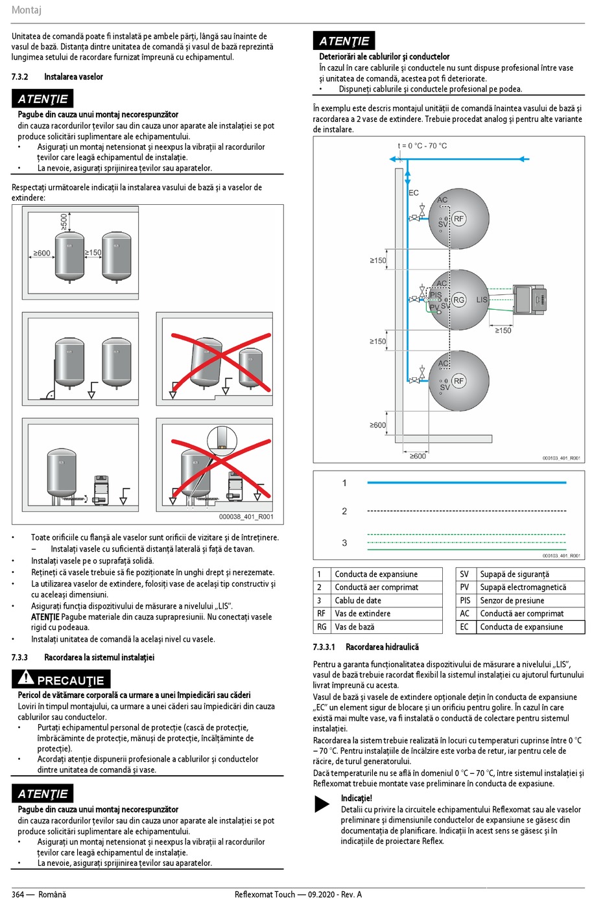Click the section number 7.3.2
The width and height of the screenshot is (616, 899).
pyautogui.click(x=19, y=76)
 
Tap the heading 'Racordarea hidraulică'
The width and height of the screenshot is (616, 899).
pyautogui.click(x=382, y=647)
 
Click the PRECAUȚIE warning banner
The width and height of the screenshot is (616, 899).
pyautogui.click(x=61, y=679)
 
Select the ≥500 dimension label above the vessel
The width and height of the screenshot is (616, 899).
pyautogui.click(x=64, y=222)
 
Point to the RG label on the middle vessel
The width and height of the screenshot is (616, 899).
pyautogui.click(x=459, y=299)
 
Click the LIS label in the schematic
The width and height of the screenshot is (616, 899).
pyautogui.click(x=482, y=299)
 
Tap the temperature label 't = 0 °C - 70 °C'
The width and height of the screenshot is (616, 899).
pyautogui.click(x=422, y=146)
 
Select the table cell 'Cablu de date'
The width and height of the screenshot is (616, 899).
pyautogui.click(x=358, y=600)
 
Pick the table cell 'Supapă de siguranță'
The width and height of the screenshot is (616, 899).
pyautogui.click(x=514, y=574)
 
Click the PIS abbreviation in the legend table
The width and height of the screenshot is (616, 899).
pyautogui.click(x=464, y=600)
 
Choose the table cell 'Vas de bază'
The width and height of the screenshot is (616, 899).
pyautogui.click(x=354, y=627)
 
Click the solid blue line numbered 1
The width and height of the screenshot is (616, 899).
pyautogui.click(x=466, y=483)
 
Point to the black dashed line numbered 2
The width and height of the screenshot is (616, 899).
pyautogui.click(x=466, y=511)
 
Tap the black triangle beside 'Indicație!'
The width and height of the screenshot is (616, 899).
pyautogui.click(x=322, y=804)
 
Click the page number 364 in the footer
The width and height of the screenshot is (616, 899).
pyautogui.click(x=18, y=894)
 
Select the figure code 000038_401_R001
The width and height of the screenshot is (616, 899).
pyautogui.click(x=246, y=517)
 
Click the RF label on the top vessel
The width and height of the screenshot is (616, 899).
pyautogui.click(x=459, y=218)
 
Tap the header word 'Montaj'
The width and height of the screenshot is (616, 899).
pyautogui.click(x=27, y=10)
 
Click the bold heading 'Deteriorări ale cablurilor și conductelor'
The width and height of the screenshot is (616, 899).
pyautogui.click(x=384, y=56)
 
